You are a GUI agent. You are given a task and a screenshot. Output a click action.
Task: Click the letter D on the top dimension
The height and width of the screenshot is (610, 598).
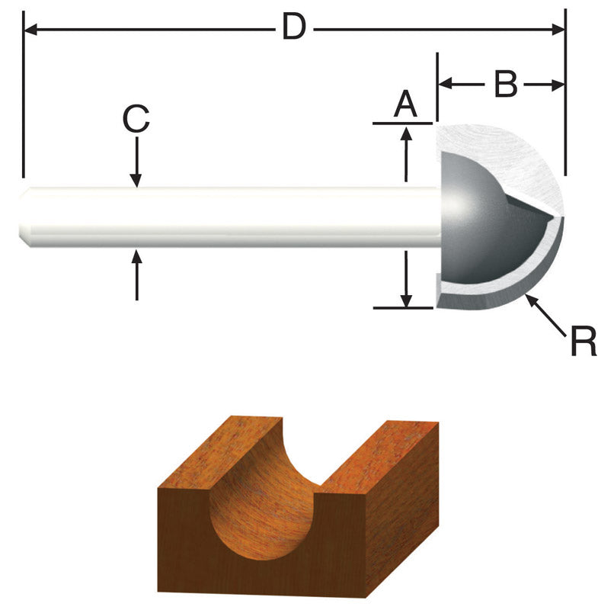coord(293,28)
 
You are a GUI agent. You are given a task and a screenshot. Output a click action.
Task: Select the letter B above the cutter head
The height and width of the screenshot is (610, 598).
coord(505,85)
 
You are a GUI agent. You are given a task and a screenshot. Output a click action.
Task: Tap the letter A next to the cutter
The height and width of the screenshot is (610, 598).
coord(405,104)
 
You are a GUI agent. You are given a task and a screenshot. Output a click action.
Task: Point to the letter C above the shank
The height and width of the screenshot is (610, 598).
coord(136,120)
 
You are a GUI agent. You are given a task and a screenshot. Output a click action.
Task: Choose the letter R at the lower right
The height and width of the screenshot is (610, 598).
coord(583,342)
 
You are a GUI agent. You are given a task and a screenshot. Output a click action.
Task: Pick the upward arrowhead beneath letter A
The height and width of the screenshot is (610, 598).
coord(407,133)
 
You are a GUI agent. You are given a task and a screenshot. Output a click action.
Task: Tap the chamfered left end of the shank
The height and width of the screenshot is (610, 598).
coord(25,217)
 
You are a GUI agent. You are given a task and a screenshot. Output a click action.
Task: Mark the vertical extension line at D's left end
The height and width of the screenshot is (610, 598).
coord(24,91)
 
